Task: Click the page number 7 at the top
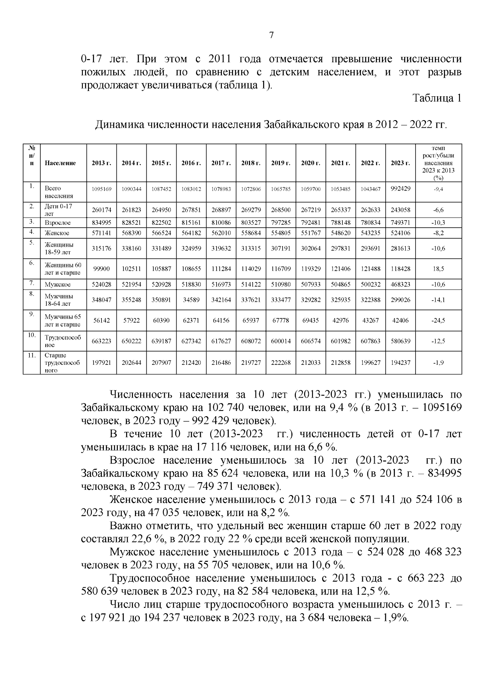[271, 35]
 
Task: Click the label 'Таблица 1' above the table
[436, 98]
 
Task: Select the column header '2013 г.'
[101, 163]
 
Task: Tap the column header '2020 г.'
[311, 163]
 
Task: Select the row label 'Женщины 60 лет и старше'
[63, 269]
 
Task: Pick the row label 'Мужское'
[57, 284]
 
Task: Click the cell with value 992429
[401, 188]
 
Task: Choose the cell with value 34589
[191, 300]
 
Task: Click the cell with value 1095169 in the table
[101, 189]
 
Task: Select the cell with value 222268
[281, 362]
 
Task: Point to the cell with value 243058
[401, 210]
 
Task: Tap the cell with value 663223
[101, 341]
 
